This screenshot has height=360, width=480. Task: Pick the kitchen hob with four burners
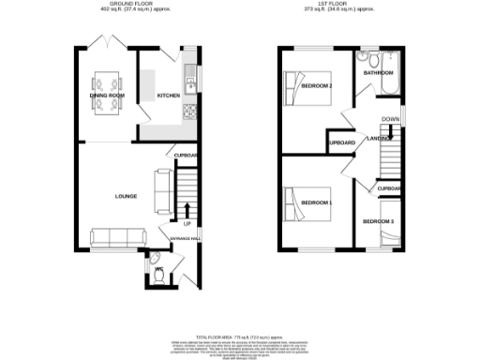click(189, 114)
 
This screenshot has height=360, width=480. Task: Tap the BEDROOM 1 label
click(316, 202)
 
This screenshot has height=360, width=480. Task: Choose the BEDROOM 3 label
click(379, 221)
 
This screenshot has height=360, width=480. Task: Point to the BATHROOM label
click(378, 71)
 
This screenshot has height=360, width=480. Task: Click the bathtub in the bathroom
click(388, 84)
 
